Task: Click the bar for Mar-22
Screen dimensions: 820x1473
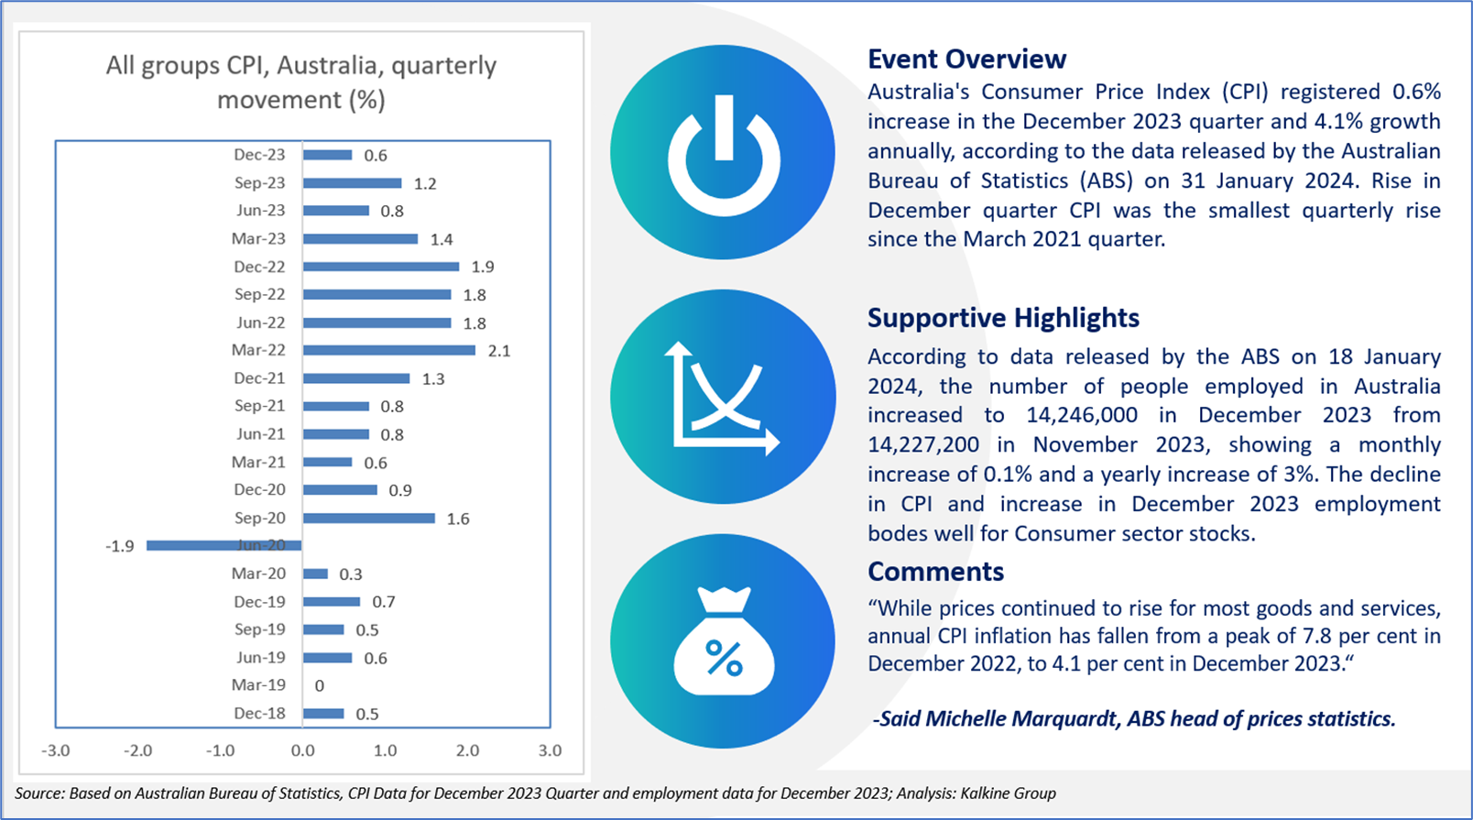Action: [x=389, y=350]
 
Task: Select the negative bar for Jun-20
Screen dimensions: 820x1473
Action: [x=224, y=545]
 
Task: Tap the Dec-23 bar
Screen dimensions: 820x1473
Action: [x=328, y=155]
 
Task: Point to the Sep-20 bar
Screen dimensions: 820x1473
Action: [x=369, y=519]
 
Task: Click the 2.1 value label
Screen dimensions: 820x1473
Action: [x=499, y=351]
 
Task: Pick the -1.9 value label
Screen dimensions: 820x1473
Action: [x=120, y=546]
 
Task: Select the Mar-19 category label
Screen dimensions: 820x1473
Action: [x=259, y=684]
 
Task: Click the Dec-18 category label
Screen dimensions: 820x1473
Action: [x=259, y=713]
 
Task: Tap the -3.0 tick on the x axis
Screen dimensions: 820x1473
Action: [x=56, y=750]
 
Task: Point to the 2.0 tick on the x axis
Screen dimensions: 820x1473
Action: [x=467, y=750]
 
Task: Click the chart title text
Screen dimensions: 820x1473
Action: [x=301, y=82]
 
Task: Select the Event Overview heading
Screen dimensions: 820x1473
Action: [x=966, y=60]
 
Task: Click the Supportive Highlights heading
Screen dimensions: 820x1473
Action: [x=1003, y=318]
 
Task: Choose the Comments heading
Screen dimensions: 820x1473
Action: [x=935, y=572]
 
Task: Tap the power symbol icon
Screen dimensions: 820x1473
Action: [x=723, y=152]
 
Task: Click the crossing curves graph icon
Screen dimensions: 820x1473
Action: [x=723, y=397]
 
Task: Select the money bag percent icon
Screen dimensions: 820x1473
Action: [x=723, y=641]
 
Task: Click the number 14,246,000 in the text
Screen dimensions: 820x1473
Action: [x=1082, y=415]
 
